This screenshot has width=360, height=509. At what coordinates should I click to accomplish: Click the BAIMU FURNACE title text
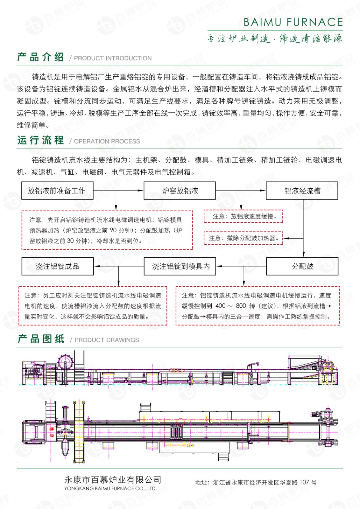click(x=293, y=22)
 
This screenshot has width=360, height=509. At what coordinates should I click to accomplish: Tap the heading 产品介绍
click(x=40, y=57)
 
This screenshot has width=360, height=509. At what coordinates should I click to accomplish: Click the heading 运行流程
click(x=40, y=140)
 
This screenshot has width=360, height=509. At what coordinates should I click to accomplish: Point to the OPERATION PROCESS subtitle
click(x=107, y=141)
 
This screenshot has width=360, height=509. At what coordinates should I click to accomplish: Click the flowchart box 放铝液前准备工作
click(x=57, y=191)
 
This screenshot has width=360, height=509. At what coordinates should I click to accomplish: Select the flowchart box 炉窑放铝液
click(x=180, y=191)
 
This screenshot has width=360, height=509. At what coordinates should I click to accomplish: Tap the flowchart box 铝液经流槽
click(x=302, y=191)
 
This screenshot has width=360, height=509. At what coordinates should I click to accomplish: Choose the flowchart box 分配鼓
click(x=302, y=267)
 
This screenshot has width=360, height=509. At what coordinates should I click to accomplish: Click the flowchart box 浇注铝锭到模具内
click(x=180, y=267)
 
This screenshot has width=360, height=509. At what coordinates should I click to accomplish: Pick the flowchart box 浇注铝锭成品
click(x=57, y=267)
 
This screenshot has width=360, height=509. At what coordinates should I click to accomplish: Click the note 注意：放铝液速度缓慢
click(x=244, y=216)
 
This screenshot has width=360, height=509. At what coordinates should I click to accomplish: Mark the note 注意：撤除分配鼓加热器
click(x=244, y=238)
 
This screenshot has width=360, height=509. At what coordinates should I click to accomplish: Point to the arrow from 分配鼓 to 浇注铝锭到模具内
click(x=241, y=266)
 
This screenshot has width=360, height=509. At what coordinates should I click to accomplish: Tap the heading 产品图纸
click(x=41, y=339)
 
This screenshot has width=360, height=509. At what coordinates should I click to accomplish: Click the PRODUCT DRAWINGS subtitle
click(x=107, y=340)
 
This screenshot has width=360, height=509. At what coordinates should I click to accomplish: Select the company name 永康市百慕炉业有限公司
click(x=113, y=480)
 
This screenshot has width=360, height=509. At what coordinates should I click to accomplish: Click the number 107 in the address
click(x=304, y=482)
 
